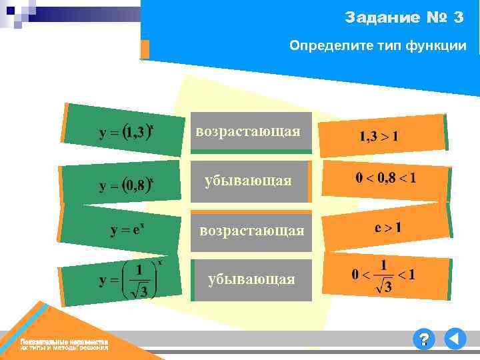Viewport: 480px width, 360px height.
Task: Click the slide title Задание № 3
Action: (404, 18)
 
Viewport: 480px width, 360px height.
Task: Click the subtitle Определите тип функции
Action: (377, 46)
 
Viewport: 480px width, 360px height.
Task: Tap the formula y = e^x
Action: (128, 230)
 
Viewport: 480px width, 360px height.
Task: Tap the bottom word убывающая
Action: (251, 279)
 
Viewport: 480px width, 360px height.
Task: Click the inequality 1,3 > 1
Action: (379, 137)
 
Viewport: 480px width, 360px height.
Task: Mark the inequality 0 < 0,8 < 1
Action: (386, 178)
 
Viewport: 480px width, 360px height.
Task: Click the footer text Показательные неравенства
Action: (64, 341)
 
